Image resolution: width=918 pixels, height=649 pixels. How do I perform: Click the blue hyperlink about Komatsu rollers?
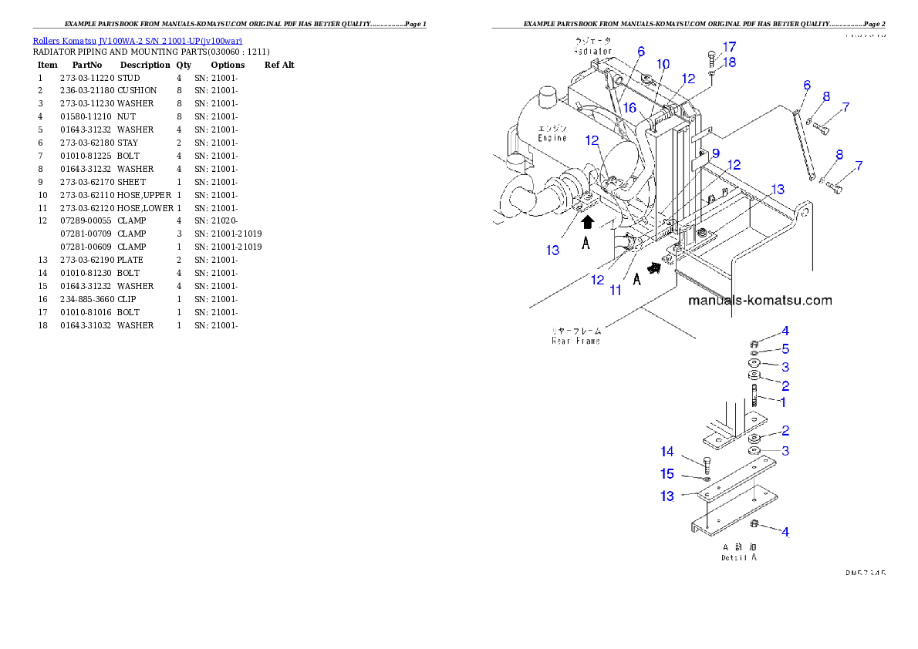point(137,40)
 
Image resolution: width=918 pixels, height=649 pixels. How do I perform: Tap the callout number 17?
point(729,46)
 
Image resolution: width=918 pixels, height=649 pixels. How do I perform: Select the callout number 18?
point(729,62)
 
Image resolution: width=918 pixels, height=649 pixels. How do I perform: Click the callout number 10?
point(663,64)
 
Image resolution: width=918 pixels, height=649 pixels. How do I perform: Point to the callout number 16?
point(630,109)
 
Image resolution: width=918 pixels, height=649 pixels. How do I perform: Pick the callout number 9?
point(715,153)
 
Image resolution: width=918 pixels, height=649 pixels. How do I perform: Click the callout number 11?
point(616,290)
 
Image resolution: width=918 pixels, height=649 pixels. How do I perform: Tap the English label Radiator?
point(592,51)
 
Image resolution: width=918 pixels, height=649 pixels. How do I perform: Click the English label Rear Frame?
point(575,340)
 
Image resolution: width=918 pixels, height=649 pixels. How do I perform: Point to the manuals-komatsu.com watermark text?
point(760,301)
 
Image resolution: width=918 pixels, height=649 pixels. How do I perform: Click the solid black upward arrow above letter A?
point(587,223)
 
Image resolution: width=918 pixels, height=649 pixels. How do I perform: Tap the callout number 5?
point(785,348)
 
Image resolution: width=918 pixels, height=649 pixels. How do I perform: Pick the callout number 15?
point(667,474)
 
